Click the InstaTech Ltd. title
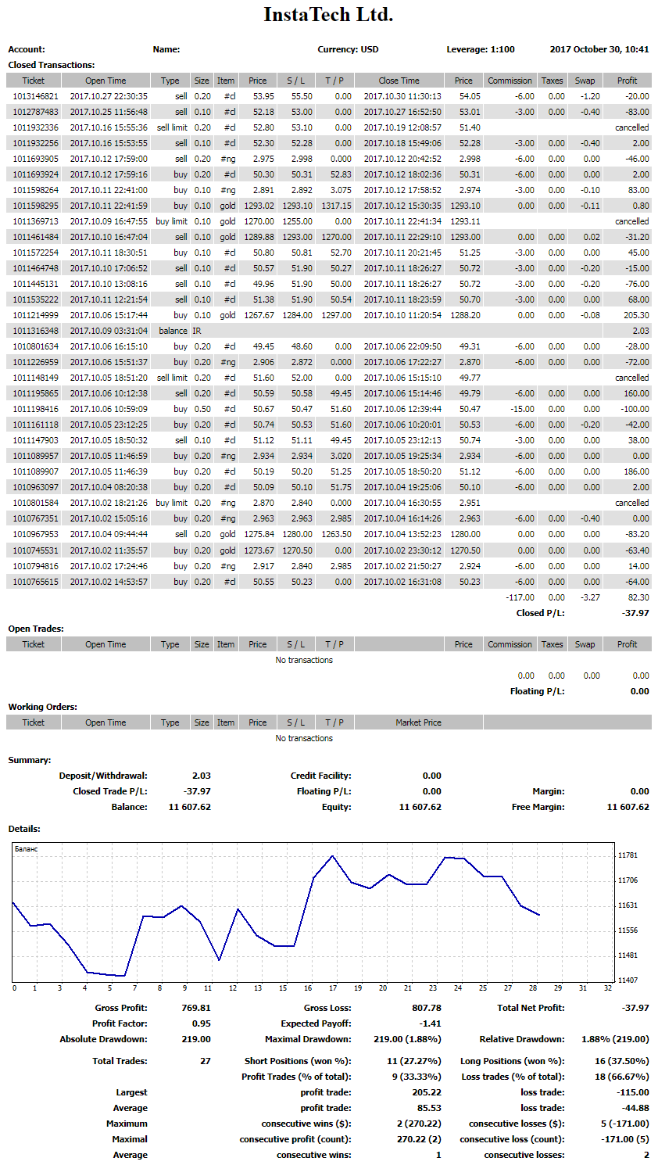[x=328, y=15]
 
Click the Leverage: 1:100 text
[x=481, y=49]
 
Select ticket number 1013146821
[x=35, y=96]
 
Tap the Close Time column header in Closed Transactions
[x=399, y=81]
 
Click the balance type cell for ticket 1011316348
[x=173, y=331]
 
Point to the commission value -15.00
[x=522, y=409]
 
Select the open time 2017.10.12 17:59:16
[x=109, y=175]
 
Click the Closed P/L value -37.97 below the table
[x=635, y=613]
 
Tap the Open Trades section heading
[x=36, y=629]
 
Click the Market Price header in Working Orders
[x=418, y=722]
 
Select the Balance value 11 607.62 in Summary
[x=190, y=807]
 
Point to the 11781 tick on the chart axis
[x=628, y=855]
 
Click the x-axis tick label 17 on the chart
[x=333, y=988]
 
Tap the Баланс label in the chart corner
[x=26, y=849]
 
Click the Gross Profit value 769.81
[x=196, y=1008]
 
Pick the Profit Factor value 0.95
[x=201, y=1023]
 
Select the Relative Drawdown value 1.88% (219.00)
[x=615, y=1039]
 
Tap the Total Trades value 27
[x=206, y=1061]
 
